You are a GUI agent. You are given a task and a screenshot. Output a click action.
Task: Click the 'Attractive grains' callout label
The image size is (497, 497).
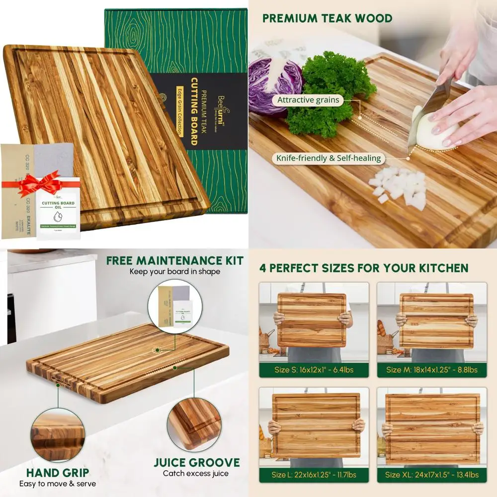pos(308,100)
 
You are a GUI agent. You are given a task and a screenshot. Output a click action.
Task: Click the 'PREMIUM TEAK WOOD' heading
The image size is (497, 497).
pos(327,19)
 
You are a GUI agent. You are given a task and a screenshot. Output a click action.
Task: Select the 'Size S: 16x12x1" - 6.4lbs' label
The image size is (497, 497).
pos(314,370)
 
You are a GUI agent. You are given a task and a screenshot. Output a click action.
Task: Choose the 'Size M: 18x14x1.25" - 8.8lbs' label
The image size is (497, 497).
pos(431,370)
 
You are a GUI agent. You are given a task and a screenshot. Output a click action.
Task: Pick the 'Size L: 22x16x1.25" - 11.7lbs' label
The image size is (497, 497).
pos(314,475)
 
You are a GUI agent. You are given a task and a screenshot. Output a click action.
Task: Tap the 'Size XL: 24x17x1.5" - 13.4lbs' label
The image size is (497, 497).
pos(431,475)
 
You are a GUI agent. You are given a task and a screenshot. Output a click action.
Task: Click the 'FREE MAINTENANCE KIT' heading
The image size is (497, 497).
pos(175,261)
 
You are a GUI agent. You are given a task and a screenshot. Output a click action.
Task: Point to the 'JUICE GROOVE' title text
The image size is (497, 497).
pos(197,463)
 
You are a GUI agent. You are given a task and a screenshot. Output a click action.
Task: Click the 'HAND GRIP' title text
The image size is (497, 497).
pos(58,473)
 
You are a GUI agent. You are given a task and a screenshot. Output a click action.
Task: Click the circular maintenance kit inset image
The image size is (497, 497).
pos(175,306)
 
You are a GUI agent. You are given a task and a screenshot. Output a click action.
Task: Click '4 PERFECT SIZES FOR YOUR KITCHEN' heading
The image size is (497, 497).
pos(363,268)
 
